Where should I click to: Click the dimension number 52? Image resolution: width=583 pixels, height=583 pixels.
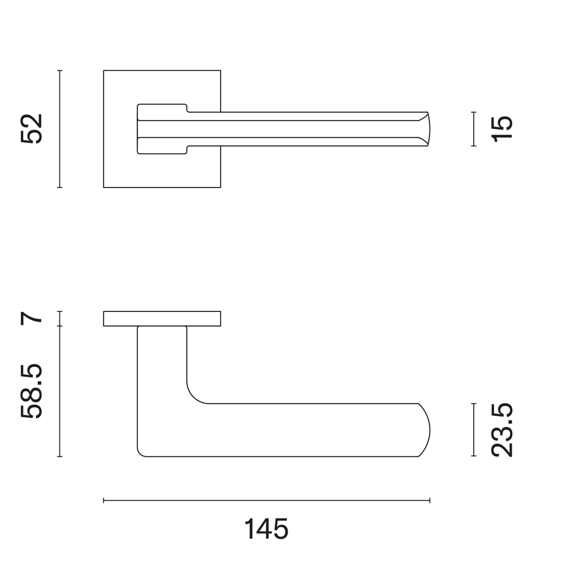coord(32,128)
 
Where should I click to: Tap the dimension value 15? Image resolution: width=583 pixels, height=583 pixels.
coord(502,128)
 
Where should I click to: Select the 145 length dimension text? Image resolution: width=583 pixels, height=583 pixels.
coord(266,529)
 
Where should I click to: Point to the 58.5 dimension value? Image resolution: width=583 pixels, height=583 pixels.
coord(32,391)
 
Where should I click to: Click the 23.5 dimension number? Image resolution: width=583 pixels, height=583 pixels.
coord(502,430)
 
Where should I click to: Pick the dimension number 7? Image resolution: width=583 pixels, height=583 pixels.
coord(32,318)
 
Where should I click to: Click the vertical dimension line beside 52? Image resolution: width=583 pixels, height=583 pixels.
coord(59,128)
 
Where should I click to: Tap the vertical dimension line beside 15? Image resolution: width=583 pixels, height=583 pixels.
coord(474,128)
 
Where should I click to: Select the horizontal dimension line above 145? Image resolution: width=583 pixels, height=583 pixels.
coord(267,500)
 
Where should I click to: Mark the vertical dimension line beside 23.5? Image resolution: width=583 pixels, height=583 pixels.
coord(474,430)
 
